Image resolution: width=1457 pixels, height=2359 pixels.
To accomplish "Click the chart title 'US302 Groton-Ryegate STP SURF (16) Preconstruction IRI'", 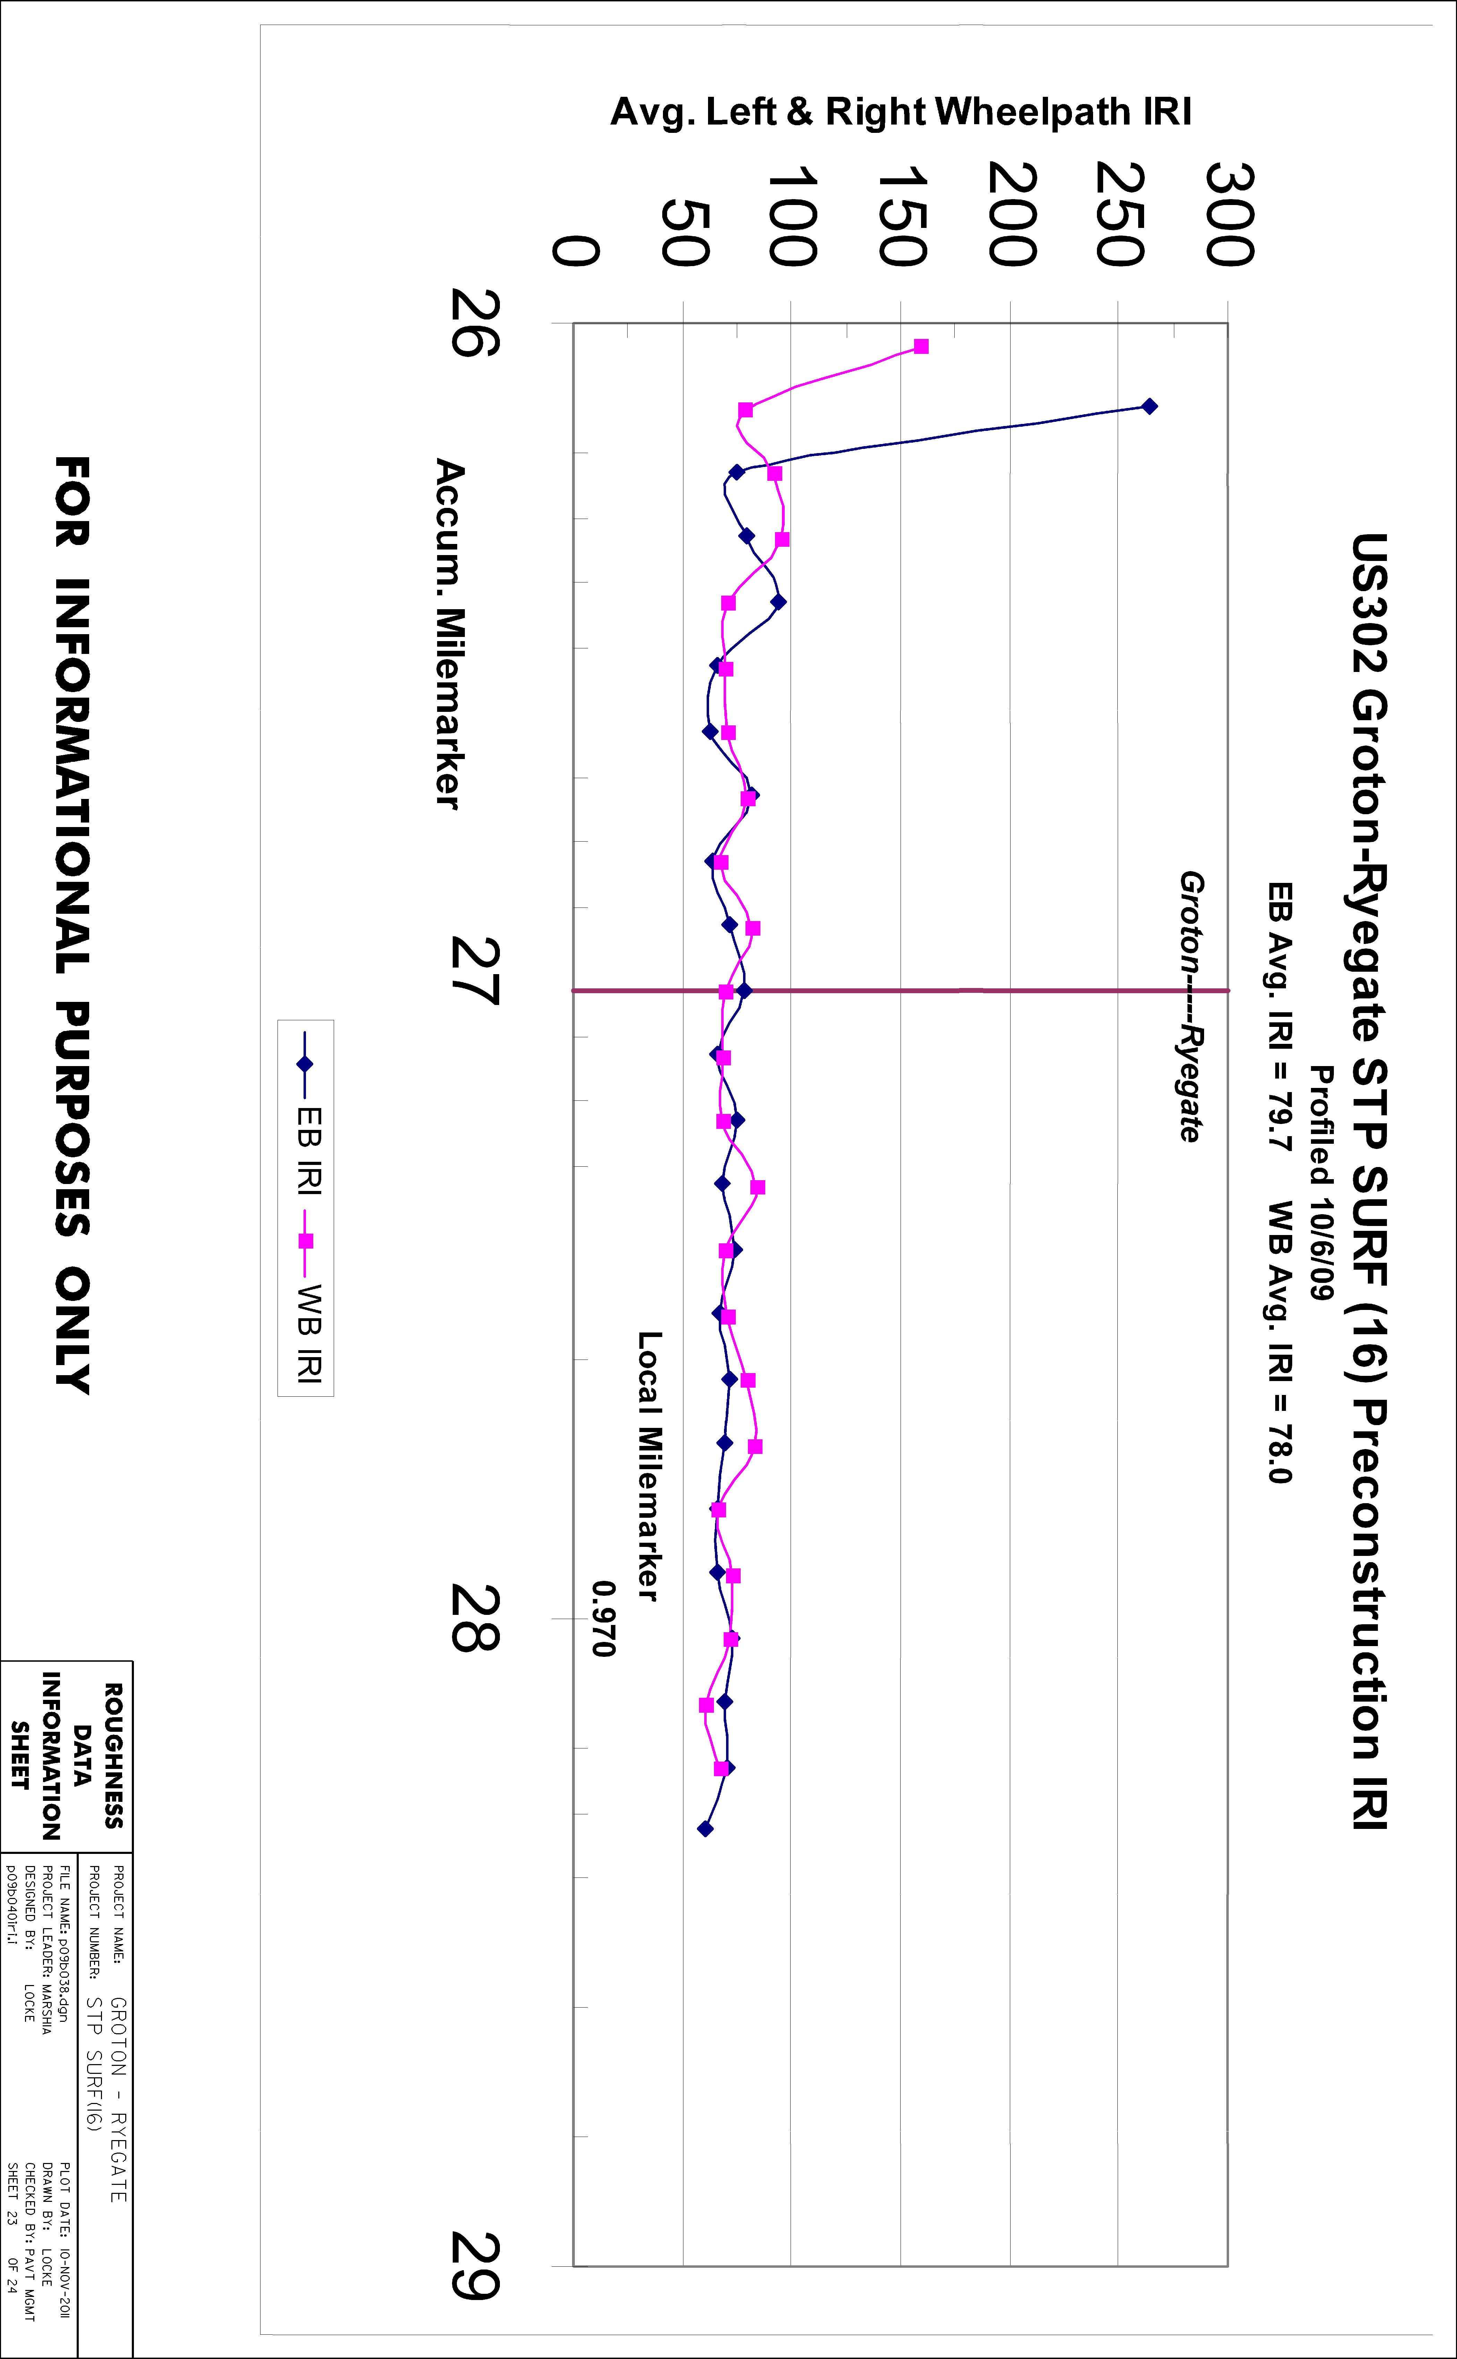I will (x=1368, y=1181).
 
